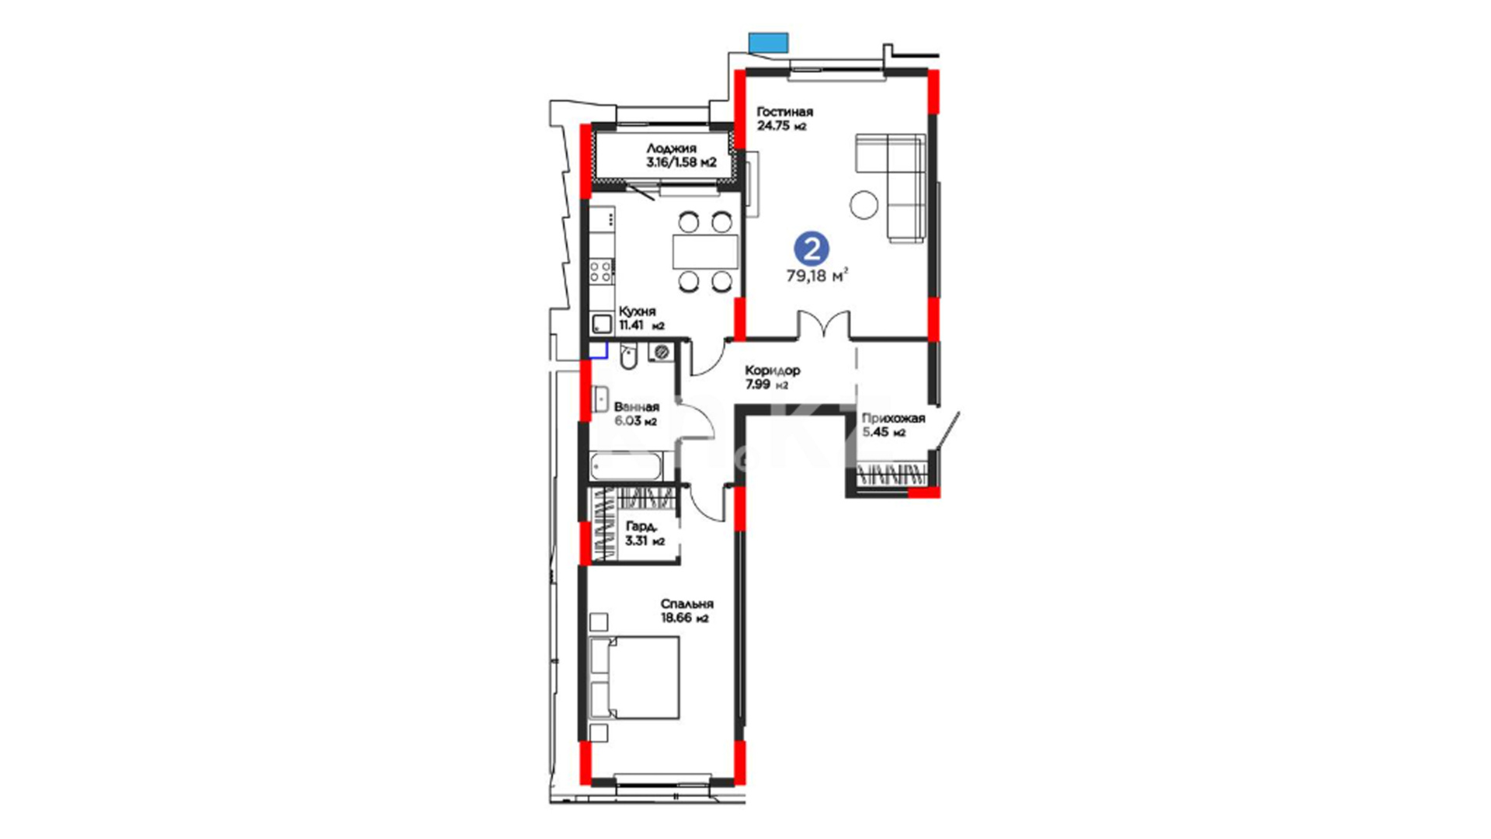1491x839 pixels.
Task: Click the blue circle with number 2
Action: (811, 249)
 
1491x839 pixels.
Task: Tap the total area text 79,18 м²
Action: (817, 275)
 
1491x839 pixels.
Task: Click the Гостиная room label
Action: (784, 112)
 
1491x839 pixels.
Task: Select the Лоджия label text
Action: (671, 148)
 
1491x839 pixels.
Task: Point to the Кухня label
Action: (637, 312)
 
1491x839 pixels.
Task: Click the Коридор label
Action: (772, 371)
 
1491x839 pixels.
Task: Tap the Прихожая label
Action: (893, 419)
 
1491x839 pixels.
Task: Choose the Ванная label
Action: (636, 407)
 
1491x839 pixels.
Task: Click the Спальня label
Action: (686, 604)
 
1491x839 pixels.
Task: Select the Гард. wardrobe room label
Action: (641, 527)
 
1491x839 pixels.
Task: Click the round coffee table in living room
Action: (864, 204)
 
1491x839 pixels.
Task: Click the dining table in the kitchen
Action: (705, 252)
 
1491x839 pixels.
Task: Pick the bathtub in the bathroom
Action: (626, 466)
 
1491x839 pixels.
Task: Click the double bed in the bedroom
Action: (634, 677)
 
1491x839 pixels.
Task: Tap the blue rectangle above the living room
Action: (768, 43)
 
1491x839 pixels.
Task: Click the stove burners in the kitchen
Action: (601, 271)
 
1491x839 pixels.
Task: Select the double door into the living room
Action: (824, 325)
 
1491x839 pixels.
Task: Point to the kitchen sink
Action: (602, 322)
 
